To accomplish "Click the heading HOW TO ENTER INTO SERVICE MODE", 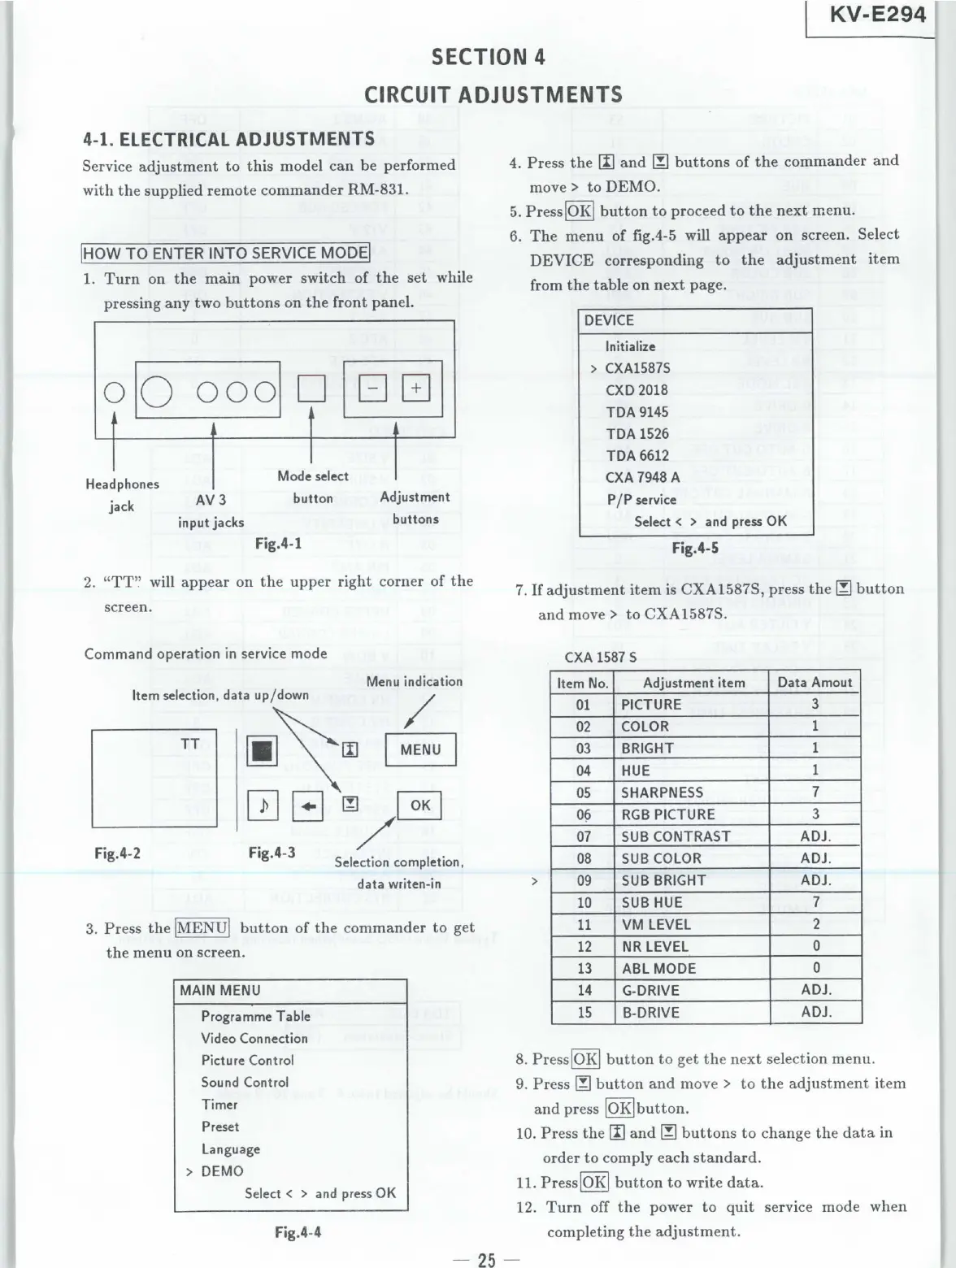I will tap(225, 253).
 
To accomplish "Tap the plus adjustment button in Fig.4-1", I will tap(415, 389).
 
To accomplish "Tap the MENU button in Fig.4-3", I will tap(420, 749).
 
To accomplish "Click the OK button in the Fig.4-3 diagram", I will tap(419, 805).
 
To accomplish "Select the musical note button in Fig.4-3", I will tap(263, 806).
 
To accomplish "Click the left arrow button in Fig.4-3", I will tap(313, 806).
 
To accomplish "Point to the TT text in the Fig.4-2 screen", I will tap(189, 744).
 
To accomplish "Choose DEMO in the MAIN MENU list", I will tap(222, 1171).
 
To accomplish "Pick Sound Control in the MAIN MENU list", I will tap(245, 1083).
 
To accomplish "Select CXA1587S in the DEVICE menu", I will tap(637, 368).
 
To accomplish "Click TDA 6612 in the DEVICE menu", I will tap(637, 455).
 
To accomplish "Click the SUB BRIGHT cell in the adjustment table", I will tap(663, 880).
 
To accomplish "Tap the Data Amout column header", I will tap(815, 683).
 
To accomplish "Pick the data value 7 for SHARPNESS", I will tap(815, 792).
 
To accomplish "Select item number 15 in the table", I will tap(584, 1013).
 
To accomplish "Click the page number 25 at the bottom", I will tap(486, 1260).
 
